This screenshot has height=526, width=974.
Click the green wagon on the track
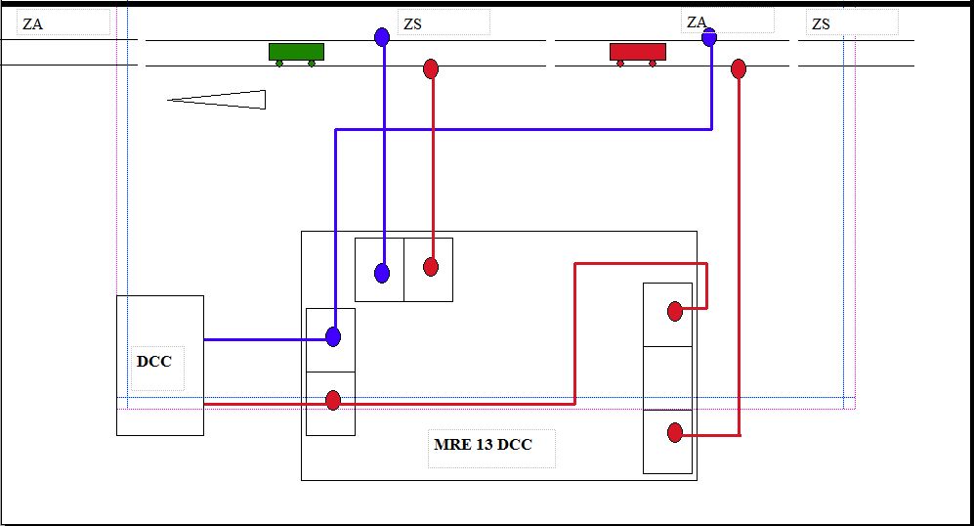click(296, 52)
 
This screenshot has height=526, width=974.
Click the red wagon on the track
click(637, 52)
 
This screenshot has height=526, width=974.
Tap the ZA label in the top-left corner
click(32, 24)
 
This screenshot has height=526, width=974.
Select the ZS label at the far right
click(821, 24)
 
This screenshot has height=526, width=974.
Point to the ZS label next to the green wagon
click(412, 24)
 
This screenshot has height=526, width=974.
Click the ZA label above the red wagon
click(696, 22)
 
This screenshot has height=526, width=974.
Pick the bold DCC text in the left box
click(153, 362)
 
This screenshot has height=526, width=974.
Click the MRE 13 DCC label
click(483, 445)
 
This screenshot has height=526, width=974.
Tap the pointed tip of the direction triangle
click(169, 99)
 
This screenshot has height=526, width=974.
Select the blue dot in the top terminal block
click(382, 273)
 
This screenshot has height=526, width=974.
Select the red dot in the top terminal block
click(431, 267)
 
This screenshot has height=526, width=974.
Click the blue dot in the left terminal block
click(333, 337)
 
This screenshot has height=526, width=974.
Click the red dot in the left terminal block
click(333, 400)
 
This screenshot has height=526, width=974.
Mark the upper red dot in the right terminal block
click(674, 311)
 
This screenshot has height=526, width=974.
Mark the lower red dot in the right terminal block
click(674, 433)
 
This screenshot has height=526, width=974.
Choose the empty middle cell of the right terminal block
click(667, 378)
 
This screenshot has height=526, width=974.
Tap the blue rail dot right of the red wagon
click(709, 37)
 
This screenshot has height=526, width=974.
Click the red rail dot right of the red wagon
click(739, 68)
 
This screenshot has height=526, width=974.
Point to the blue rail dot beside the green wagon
click(382, 37)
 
